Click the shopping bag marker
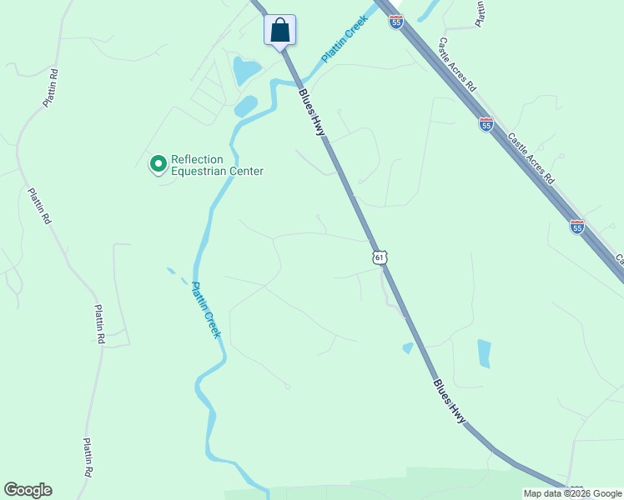tap(280, 31)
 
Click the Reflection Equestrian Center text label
tap(217, 166)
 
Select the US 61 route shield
tap(380, 257)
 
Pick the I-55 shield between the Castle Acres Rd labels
tap(486, 124)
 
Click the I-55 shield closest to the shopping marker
tap(395, 22)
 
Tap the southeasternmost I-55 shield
tap(576, 226)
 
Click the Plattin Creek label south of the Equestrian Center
tap(206, 309)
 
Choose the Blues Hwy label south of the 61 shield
tap(450, 402)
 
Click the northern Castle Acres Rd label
tap(457, 65)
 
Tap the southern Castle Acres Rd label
tap(531, 159)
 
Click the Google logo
tap(28, 490)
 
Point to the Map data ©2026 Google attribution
tap(572, 493)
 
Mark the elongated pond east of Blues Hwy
tap(484, 353)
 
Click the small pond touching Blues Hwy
tap(407, 347)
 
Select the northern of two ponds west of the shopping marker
tap(246, 71)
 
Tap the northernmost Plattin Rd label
tap(50, 85)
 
